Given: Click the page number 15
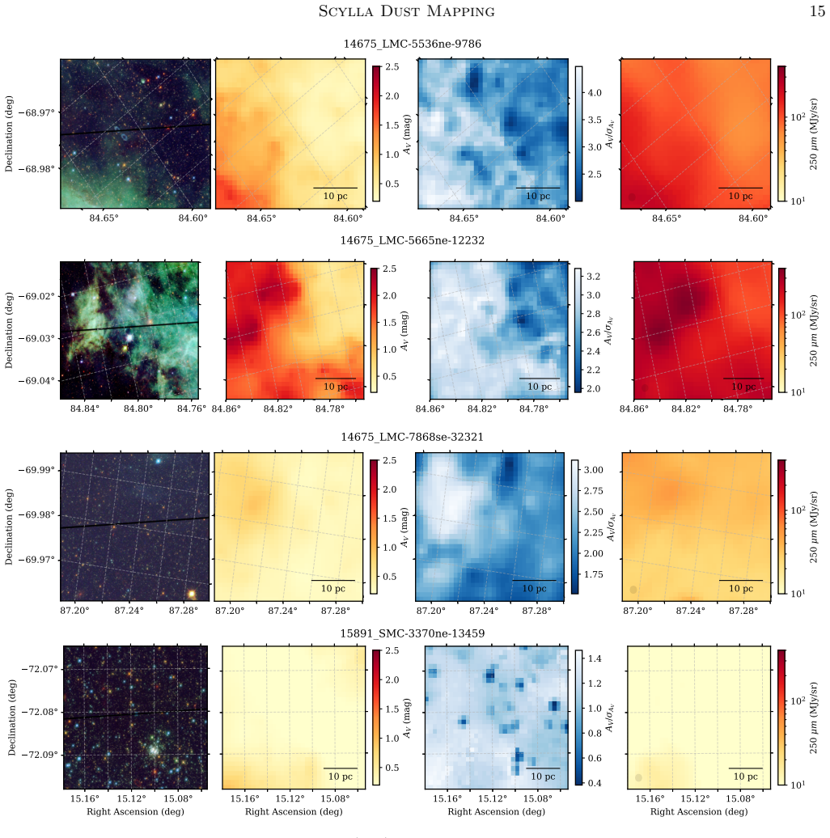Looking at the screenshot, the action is pos(817,11).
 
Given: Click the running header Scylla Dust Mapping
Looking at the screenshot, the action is pos(407,11).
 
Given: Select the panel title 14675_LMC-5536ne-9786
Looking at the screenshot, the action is pos(412,44).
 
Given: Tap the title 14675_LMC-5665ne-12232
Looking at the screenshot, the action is pos(412,240).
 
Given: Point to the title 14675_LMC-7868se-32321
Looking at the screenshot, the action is pos(412,437).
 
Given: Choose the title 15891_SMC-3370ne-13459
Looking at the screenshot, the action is pos(412,634).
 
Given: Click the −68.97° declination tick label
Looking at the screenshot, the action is pos(36,112).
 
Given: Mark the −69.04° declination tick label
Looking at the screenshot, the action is pos(36,380).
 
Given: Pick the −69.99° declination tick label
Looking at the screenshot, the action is pos(36,470).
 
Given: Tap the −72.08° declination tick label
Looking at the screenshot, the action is pos(40,712).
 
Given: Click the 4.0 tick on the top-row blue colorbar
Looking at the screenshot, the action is pos(595,93).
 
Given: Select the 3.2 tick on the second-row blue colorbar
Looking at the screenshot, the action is pos(593,277).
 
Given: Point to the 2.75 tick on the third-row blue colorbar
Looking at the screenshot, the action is pos(593,491).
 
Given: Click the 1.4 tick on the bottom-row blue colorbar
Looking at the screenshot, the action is pos(595,658).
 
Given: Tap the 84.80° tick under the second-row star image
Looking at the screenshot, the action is pos(138,408).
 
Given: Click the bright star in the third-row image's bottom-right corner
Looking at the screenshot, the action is pos(192,594).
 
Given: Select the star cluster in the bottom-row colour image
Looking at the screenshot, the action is pos(154,750).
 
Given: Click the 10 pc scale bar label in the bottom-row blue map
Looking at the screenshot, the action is pos(543,777).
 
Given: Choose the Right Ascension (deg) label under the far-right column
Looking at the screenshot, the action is pos(698,812).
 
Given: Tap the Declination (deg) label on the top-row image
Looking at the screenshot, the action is pos(9,133).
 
